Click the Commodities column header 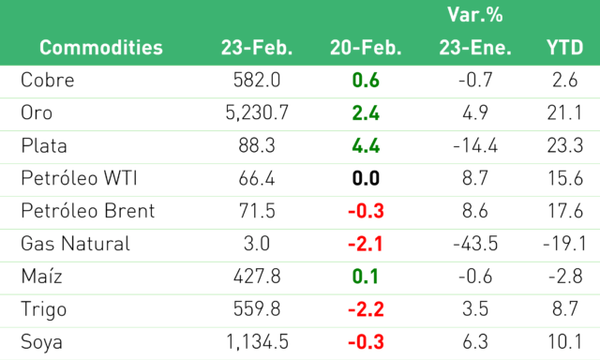(101, 48)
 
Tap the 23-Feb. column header (257, 48)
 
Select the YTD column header (564, 48)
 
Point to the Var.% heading (475, 15)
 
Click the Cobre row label (48, 80)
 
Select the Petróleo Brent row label (88, 211)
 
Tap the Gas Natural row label (75, 244)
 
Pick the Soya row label (41, 342)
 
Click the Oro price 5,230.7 (257, 112)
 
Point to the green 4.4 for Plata (366, 145)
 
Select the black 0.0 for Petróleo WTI (366, 178)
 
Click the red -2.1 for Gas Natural (366, 244)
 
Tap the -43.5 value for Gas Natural (475, 244)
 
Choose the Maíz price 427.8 (257, 277)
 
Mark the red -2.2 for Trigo (366, 309)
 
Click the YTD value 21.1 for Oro (564, 112)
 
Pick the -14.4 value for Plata (475, 145)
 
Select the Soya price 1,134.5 (257, 342)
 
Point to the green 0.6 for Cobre (366, 80)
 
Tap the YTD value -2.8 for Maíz (565, 277)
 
